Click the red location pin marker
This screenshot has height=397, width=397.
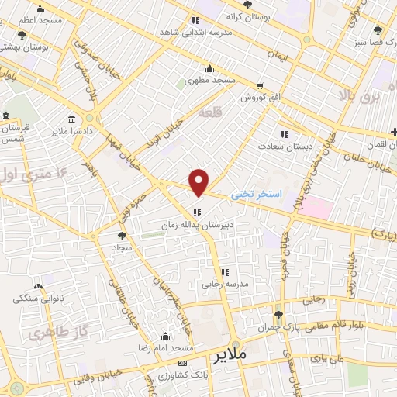point(200,182)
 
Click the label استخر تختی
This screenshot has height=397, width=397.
point(257,197)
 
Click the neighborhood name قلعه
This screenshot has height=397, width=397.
point(210,112)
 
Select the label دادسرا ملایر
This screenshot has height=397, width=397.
point(78,132)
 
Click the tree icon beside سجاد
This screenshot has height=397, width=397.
point(121,235)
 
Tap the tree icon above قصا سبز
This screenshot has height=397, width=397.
point(378,31)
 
